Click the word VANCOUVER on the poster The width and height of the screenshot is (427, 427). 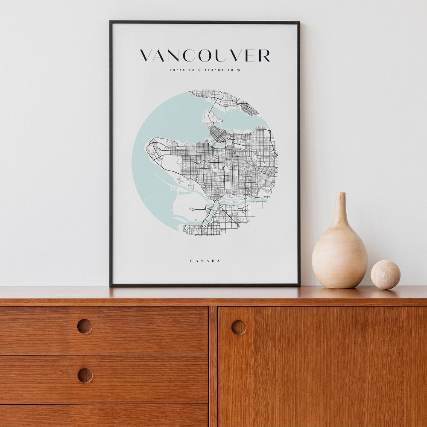(205, 56)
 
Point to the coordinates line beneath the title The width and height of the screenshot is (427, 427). (205, 70)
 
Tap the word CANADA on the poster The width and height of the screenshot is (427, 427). (205, 261)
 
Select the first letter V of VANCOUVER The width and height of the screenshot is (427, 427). (146, 56)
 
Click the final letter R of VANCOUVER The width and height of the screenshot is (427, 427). (264, 56)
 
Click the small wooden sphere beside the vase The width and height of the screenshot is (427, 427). (385, 275)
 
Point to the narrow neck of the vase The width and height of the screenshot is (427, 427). (340, 209)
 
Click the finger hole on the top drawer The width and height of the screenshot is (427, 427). (85, 326)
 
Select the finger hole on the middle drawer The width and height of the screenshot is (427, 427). (85, 375)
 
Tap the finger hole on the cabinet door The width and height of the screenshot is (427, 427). (239, 327)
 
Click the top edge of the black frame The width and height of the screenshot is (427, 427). (205, 22)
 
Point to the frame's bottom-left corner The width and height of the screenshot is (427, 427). (111, 284)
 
